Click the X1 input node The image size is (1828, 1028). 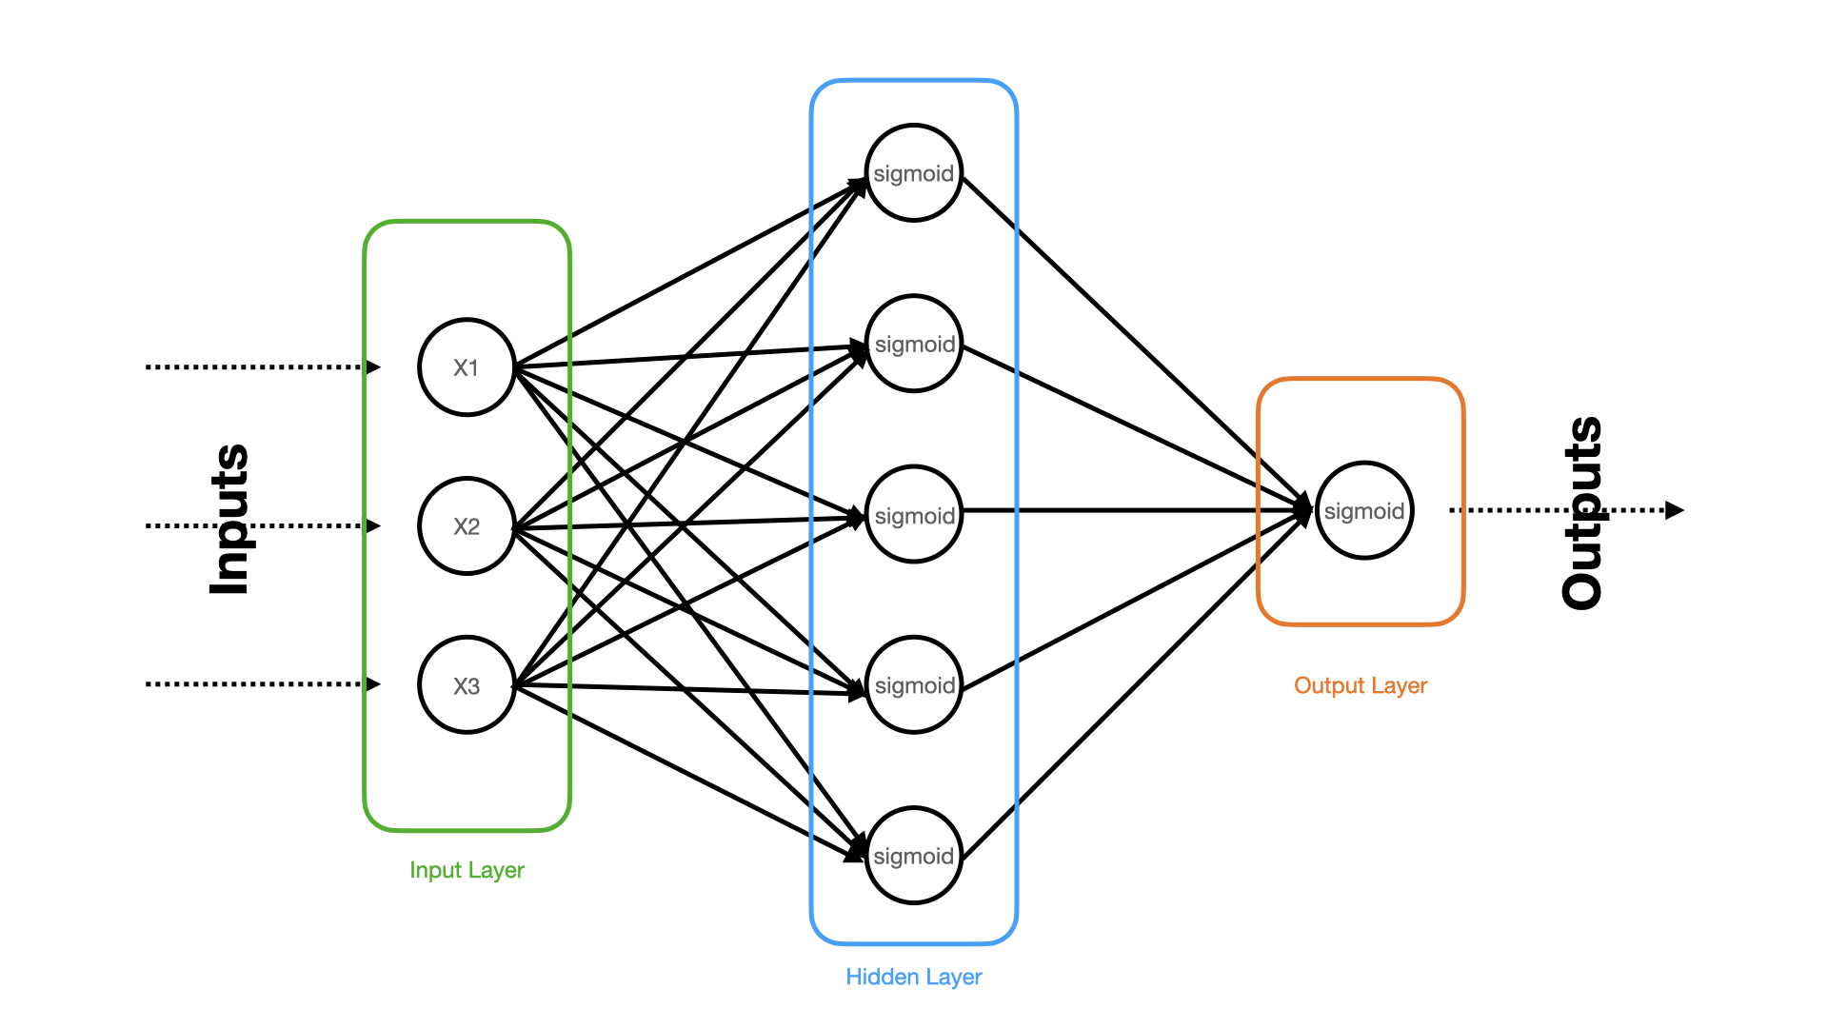pos(467,367)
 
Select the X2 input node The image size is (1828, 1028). pos(467,526)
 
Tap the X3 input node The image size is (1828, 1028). pos(467,685)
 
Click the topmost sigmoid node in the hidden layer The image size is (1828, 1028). pos(914,172)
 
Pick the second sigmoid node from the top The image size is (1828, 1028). pos(914,344)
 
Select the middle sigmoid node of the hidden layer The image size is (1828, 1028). pos(914,514)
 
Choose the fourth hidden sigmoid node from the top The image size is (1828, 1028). pos(914,684)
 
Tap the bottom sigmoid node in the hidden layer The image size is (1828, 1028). pos(914,856)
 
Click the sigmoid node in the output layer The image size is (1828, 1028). pos(1364,510)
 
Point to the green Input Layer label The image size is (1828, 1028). pos(467,870)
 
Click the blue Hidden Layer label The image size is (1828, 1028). pos(914,977)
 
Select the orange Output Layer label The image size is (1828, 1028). pos(1361,685)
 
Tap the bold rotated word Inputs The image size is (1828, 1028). pos(228,520)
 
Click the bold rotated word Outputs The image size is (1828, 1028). pos(1582,512)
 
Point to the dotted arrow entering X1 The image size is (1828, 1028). pos(263,367)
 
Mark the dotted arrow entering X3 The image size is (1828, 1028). pos(263,684)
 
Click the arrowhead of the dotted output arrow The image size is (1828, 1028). pos(1675,510)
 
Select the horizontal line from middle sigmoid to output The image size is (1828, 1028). pos(1138,510)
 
